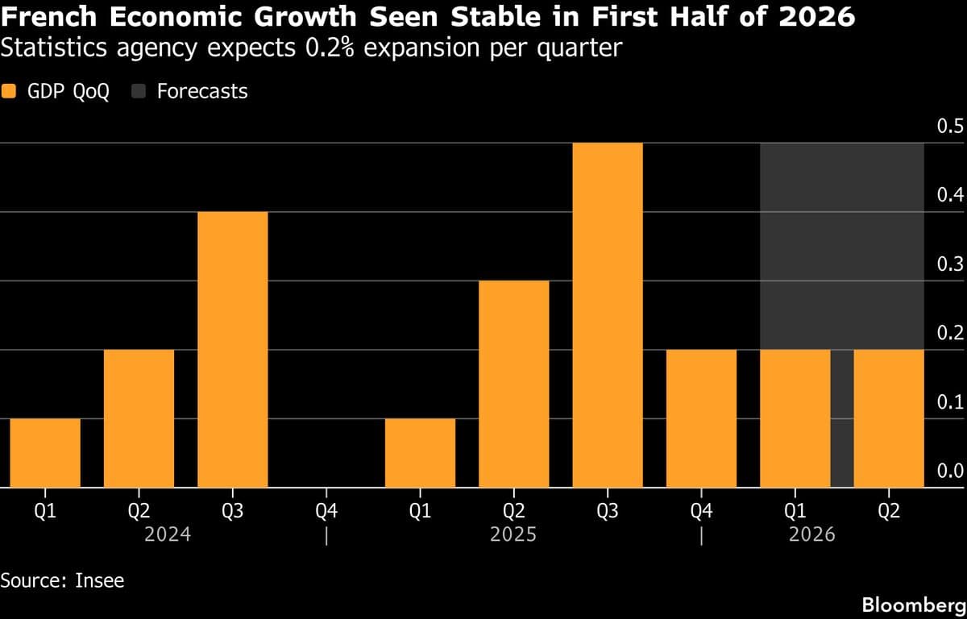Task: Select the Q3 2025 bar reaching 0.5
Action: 608,315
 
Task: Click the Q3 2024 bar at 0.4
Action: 232,349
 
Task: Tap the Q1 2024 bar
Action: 45,453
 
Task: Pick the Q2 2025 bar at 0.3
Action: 513,384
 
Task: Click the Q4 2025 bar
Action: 701,418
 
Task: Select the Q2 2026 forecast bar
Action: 888,418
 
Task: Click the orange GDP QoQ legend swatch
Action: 9,91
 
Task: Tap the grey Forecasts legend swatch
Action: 138,91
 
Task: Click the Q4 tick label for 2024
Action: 326,511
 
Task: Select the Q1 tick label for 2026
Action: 795,511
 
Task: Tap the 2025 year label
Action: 513,534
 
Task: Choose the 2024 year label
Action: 167,534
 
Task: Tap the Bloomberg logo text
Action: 913,604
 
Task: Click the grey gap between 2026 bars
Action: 842,418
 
